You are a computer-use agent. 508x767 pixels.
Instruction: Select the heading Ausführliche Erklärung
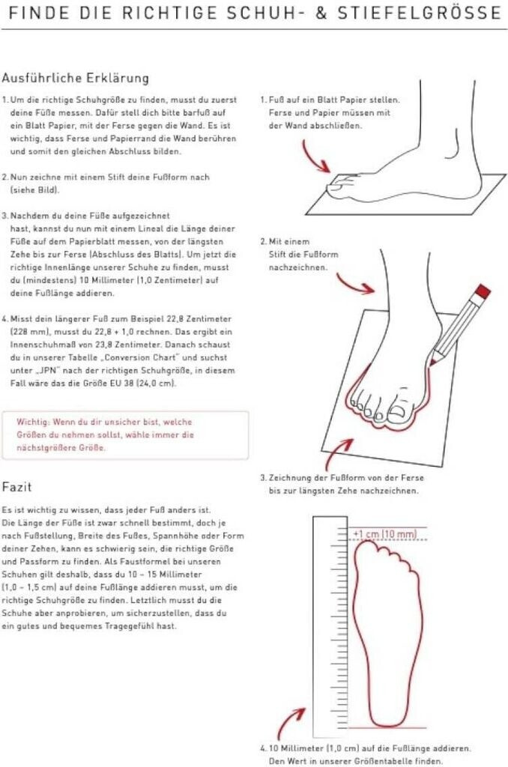[75, 78]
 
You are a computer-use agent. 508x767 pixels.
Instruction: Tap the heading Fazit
[16, 488]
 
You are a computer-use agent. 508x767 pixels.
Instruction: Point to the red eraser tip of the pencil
[483, 291]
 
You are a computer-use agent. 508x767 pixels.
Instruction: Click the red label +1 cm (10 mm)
[384, 534]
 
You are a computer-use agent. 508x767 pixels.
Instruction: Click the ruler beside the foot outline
[324, 629]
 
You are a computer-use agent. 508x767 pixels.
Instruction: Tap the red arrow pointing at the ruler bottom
[291, 721]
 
